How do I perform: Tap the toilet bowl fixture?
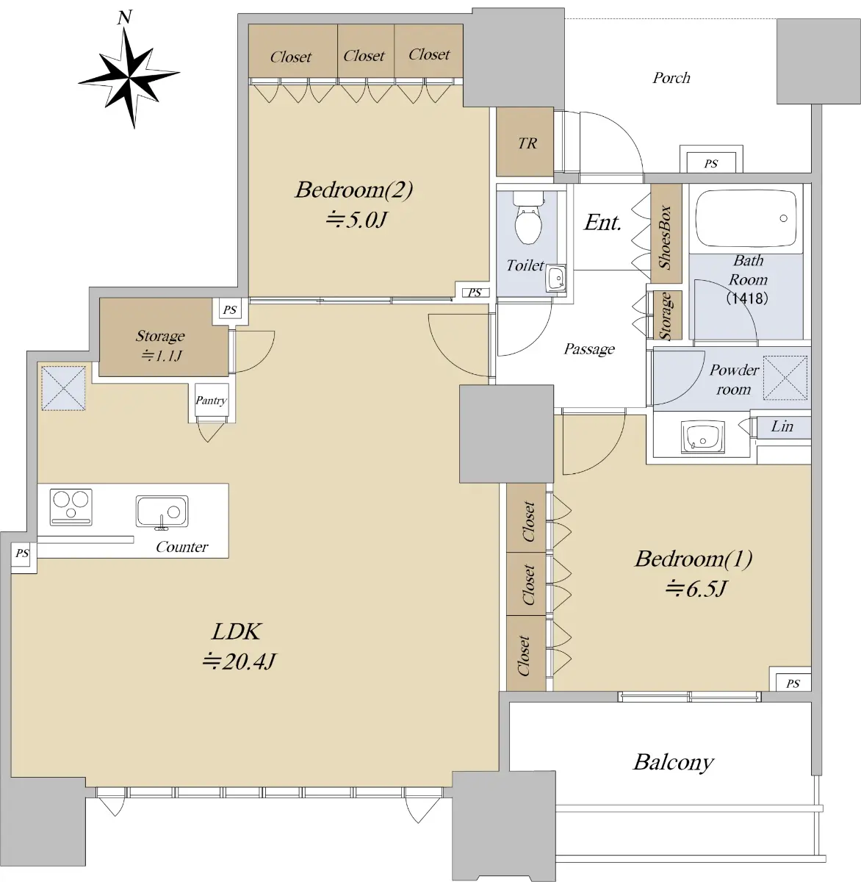[528, 218]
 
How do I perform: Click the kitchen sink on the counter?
[162, 512]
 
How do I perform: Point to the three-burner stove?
[71, 507]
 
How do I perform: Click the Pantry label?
[211, 401]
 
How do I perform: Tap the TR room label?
[527, 143]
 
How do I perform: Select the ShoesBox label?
[665, 237]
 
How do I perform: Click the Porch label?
[671, 78]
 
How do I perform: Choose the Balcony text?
[673, 762]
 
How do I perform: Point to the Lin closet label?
[782, 426]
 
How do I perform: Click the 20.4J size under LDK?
[239, 662]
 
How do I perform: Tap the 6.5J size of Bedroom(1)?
[696, 589]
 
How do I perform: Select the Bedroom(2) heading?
[354, 190]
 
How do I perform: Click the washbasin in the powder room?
[702, 437]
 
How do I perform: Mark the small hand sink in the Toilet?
[556, 279]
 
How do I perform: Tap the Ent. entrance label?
[602, 223]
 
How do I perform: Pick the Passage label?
[589, 349]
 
